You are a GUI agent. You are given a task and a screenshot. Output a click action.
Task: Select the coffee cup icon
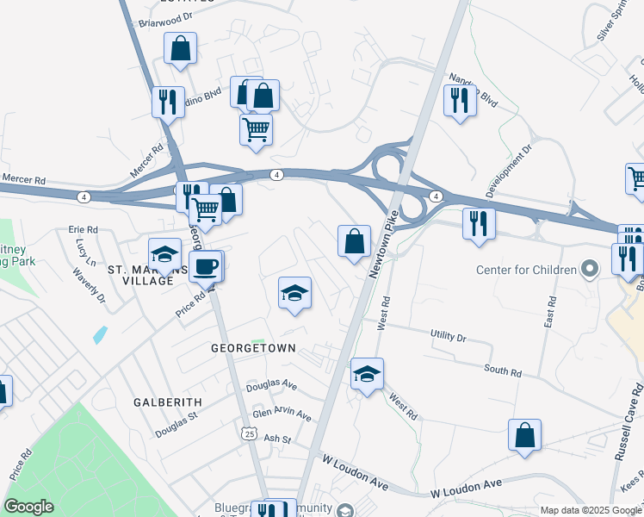(x=207, y=266)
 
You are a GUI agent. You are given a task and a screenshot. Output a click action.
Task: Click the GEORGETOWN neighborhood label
(x=254, y=348)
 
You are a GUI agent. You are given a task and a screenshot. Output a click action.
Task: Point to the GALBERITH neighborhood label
(x=168, y=402)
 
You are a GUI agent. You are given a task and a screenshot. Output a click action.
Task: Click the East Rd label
(x=550, y=306)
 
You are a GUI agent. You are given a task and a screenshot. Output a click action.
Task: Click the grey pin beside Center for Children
(x=590, y=271)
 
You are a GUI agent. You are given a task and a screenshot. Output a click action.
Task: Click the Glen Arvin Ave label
(x=282, y=414)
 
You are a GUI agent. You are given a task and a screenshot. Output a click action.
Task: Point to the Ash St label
(x=277, y=439)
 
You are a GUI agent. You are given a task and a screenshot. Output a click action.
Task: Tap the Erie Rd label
(x=84, y=230)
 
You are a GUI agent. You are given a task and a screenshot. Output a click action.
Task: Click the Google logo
(x=28, y=507)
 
